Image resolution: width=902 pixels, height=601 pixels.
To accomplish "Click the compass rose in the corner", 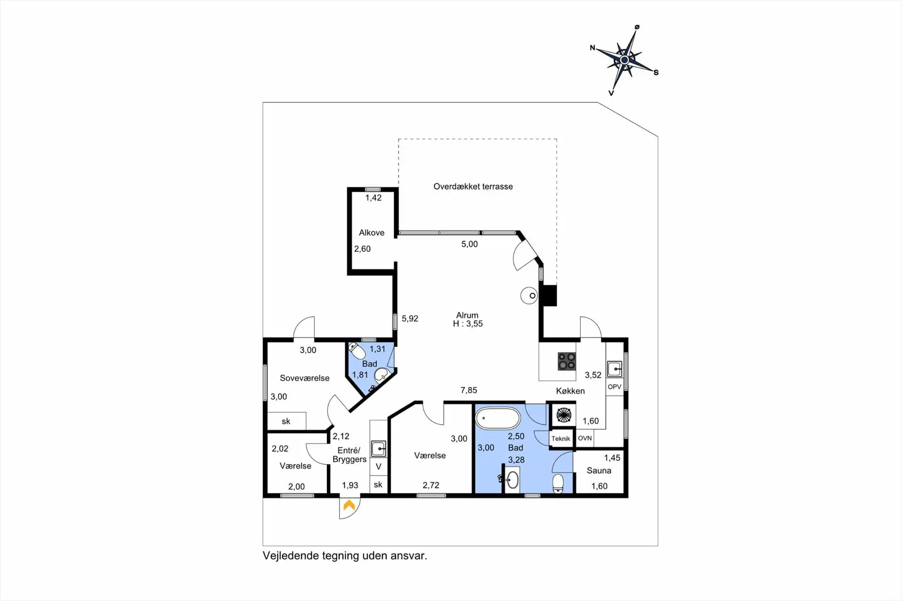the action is [624, 60].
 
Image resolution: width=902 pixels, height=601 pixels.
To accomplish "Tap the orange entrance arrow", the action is [349, 505].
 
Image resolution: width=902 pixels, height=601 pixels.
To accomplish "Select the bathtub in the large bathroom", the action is [498, 418].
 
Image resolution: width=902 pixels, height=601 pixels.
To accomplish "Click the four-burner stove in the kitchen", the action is [567, 361].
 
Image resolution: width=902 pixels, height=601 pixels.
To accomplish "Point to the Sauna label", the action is [599, 470].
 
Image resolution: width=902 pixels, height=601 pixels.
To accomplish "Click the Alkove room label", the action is [372, 233].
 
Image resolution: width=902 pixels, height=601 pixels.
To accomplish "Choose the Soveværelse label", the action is [304, 378].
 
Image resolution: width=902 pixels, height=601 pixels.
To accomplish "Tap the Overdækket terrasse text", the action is [473, 187].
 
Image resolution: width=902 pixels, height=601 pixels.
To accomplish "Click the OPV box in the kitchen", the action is [614, 387].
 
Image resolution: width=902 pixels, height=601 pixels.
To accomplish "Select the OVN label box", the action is [585, 438].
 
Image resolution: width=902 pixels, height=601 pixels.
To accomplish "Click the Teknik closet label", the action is [561, 438].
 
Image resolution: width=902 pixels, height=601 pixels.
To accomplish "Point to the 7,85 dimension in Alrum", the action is [469, 390].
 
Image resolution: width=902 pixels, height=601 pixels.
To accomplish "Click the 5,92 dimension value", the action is [410, 319].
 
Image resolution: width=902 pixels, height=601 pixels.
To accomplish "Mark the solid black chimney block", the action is [548, 296].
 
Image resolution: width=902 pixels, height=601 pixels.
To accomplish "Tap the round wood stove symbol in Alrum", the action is [529, 296].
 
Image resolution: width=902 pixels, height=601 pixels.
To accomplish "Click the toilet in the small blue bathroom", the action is [358, 351].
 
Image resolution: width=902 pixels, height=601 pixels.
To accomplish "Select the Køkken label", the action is [570, 391].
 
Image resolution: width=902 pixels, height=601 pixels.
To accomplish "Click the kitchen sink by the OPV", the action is [614, 369].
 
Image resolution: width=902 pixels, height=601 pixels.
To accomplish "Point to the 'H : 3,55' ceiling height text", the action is [468, 324].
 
